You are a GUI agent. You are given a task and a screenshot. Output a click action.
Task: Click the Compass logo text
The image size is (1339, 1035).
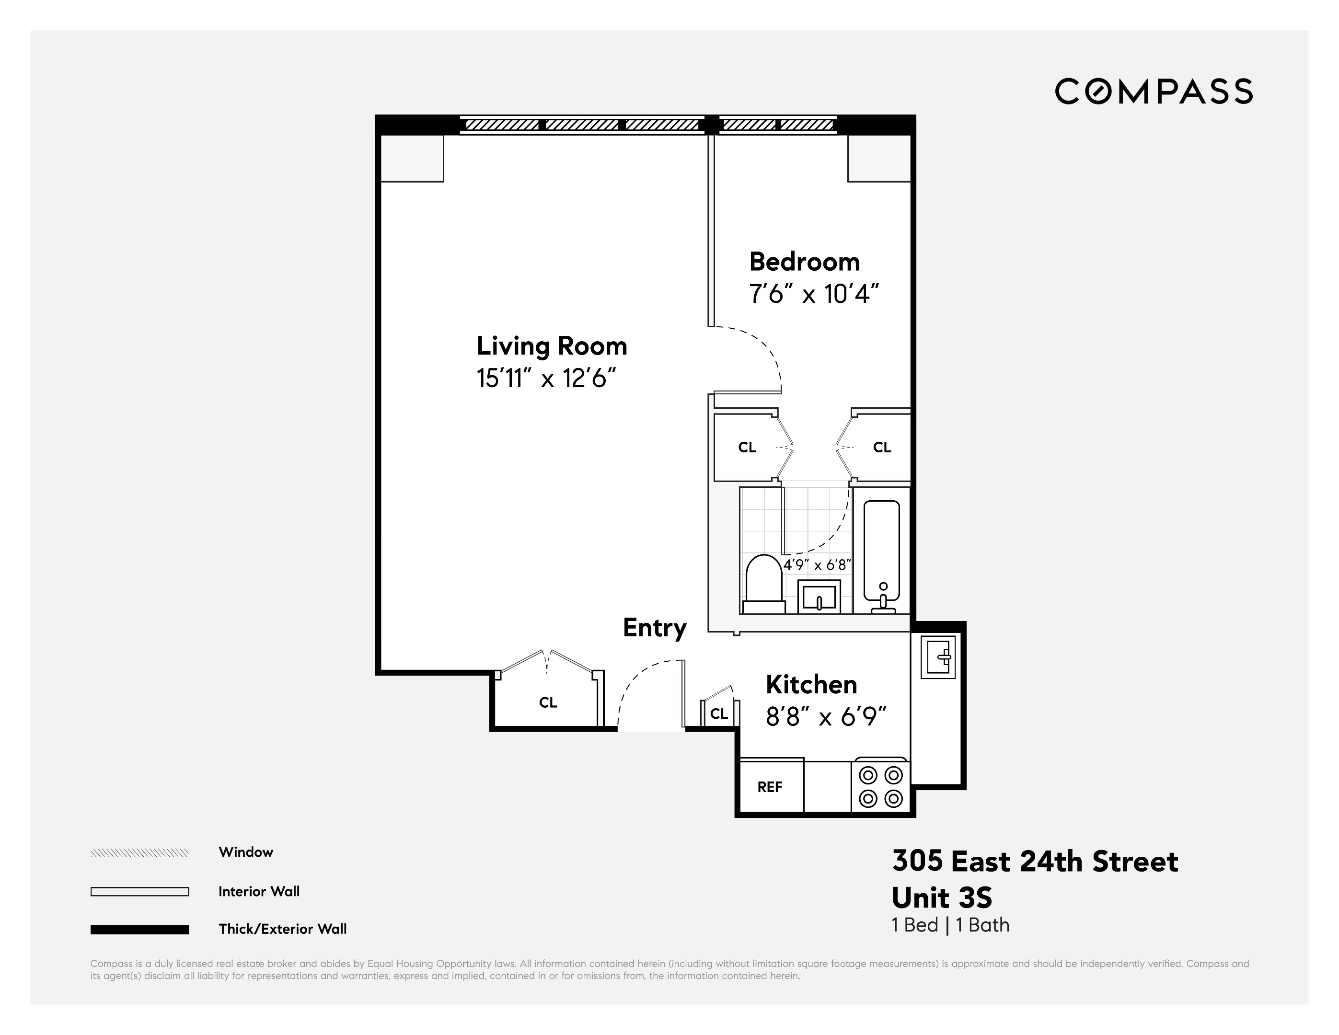coord(1153,92)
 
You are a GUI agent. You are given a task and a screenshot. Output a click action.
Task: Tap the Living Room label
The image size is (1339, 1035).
coord(552,346)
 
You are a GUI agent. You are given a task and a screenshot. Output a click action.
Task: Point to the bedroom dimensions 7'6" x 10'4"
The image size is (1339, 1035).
coord(814,294)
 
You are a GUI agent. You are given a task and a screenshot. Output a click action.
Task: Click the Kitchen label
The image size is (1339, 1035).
coord(811,684)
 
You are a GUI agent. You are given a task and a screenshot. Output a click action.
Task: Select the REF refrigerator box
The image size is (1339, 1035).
coord(770,787)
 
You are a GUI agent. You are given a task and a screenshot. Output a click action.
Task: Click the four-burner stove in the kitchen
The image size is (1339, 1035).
coord(880,787)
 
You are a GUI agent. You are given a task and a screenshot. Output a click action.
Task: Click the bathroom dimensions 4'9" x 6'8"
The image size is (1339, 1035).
coord(818,565)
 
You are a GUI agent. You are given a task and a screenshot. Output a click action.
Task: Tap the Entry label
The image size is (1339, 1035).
coord(654,628)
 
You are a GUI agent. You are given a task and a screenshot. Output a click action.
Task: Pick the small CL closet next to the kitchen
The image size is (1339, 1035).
coord(718,713)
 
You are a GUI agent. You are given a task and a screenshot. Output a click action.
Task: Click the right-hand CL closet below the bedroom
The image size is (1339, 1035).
coord(882,448)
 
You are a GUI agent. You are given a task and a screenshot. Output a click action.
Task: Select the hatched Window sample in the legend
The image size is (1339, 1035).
coord(140,853)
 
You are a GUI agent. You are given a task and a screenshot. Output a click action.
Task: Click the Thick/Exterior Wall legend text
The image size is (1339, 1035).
coord(283,929)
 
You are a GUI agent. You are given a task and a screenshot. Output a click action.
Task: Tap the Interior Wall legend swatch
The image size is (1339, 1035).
coord(140,892)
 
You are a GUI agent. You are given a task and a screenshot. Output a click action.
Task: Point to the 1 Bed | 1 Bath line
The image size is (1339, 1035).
coord(950,925)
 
